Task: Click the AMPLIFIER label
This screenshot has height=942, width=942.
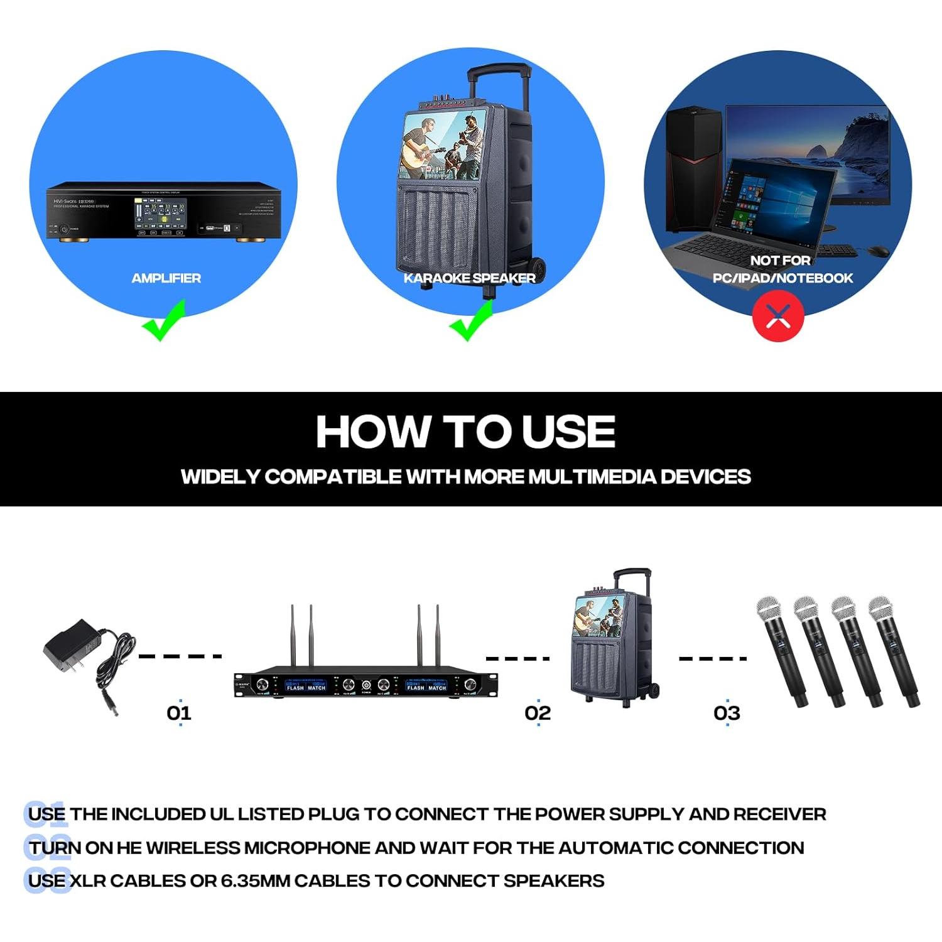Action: [166, 278]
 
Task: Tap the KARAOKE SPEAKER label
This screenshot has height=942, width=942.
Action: [469, 278]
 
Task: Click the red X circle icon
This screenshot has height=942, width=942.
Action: [778, 316]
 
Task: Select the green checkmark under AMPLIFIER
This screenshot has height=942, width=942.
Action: [164, 322]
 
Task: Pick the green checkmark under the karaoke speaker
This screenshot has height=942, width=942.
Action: [472, 322]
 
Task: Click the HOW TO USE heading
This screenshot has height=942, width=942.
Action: [465, 432]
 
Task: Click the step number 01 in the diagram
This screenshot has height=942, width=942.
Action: [179, 713]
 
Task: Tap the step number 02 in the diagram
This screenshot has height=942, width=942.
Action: [538, 713]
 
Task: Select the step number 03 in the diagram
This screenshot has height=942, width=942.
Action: [727, 713]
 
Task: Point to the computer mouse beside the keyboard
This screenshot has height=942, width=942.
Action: [879, 251]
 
